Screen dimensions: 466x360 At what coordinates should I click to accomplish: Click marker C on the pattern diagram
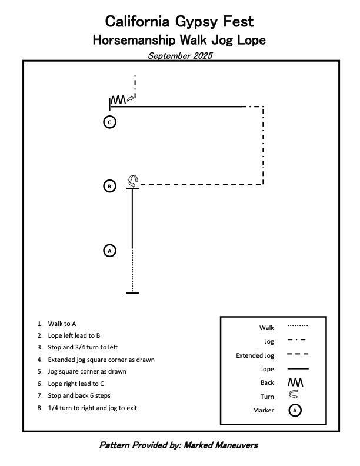(109, 122)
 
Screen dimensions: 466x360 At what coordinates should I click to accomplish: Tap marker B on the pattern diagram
(109, 187)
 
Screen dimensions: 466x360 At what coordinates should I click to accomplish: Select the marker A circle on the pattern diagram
(109, 251)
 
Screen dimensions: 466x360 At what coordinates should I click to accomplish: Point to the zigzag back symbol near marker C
(118, 100)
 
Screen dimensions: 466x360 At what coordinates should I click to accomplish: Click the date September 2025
(180, 56)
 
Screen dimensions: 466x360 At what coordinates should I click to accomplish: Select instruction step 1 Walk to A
(62, 324)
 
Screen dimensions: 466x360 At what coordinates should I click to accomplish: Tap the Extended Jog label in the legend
(255, 355)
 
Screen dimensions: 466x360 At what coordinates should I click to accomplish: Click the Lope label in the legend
(266, 369)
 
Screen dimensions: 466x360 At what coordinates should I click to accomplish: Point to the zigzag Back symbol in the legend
(295, 382)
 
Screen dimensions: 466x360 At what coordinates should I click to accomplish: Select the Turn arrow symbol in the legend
(294, 396)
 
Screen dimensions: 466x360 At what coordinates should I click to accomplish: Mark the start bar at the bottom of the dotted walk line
(132, 292)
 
